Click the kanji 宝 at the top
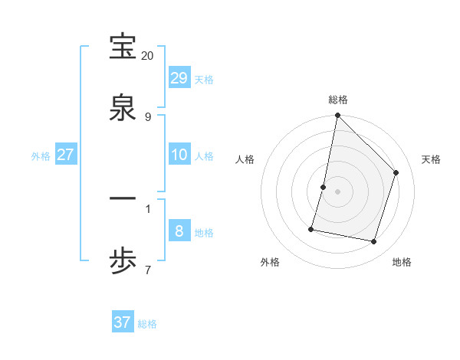[123, 47]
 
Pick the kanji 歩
[123, 261]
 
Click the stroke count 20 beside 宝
[148, 56]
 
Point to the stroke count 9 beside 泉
[148, 116]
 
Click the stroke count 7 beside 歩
[148, 270]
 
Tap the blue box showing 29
[179, 78]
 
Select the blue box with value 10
[179, 155]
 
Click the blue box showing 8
[179, 231]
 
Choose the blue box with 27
[66, 155]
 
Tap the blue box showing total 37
[123, 322]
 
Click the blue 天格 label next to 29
[204, 80]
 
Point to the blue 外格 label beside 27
[41, 156]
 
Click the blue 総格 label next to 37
[147, 324]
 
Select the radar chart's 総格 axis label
[338, 100]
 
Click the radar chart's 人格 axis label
[245, 159]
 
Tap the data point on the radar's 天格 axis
[396, 172]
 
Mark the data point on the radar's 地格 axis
[374, 242]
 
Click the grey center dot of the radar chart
[338, 191]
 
